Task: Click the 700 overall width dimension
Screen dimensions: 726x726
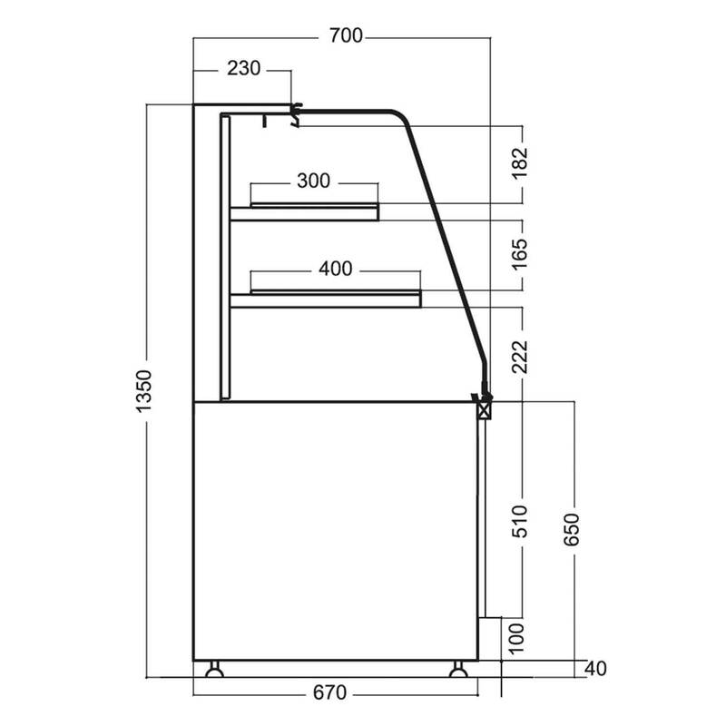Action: tap(346, 35)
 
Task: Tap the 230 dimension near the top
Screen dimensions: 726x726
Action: tap(243, 69)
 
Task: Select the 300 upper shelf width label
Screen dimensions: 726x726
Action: tap(313, 181)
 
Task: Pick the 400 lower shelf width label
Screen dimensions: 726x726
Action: tap(335, 269)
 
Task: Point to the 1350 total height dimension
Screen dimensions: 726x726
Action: tap(144, 391)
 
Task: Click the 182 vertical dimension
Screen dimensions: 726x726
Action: tap(519, 162)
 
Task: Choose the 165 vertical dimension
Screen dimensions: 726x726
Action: tap(519, 253)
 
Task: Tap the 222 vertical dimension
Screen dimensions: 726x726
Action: tap(519, 357)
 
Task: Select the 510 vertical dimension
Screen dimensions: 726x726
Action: tap(519, 521)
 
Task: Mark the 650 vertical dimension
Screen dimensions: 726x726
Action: tap(572, 529)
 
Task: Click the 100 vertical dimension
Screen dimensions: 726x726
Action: tap(516, 639)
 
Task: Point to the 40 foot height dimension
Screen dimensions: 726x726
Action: tap(595, 668)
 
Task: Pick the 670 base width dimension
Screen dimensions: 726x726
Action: tap(329, 692)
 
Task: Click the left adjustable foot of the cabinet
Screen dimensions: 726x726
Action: tap(214, 669)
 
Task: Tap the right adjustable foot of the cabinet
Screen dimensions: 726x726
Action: tap(458, 669)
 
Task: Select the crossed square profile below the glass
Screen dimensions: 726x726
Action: tap(485, 410)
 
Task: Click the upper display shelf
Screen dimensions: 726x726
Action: tap(304, 211)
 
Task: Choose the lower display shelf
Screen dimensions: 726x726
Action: tap(326, 299)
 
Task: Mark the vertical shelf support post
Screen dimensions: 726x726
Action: tap(225, 257)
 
